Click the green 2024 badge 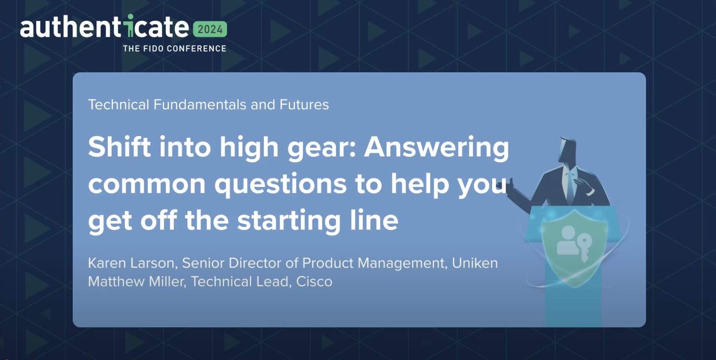[x=210, y=29]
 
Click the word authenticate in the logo [x=104, y=27]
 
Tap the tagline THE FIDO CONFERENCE [x=175, y=49]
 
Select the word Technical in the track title [x=119, y=105]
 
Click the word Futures [x=304, y=105]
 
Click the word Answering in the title [x=436, y=148]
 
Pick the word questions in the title [x=280, y=184]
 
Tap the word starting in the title [x=289, y=221]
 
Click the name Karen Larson [x=131, y=263]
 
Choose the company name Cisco [x=314, y=281]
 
